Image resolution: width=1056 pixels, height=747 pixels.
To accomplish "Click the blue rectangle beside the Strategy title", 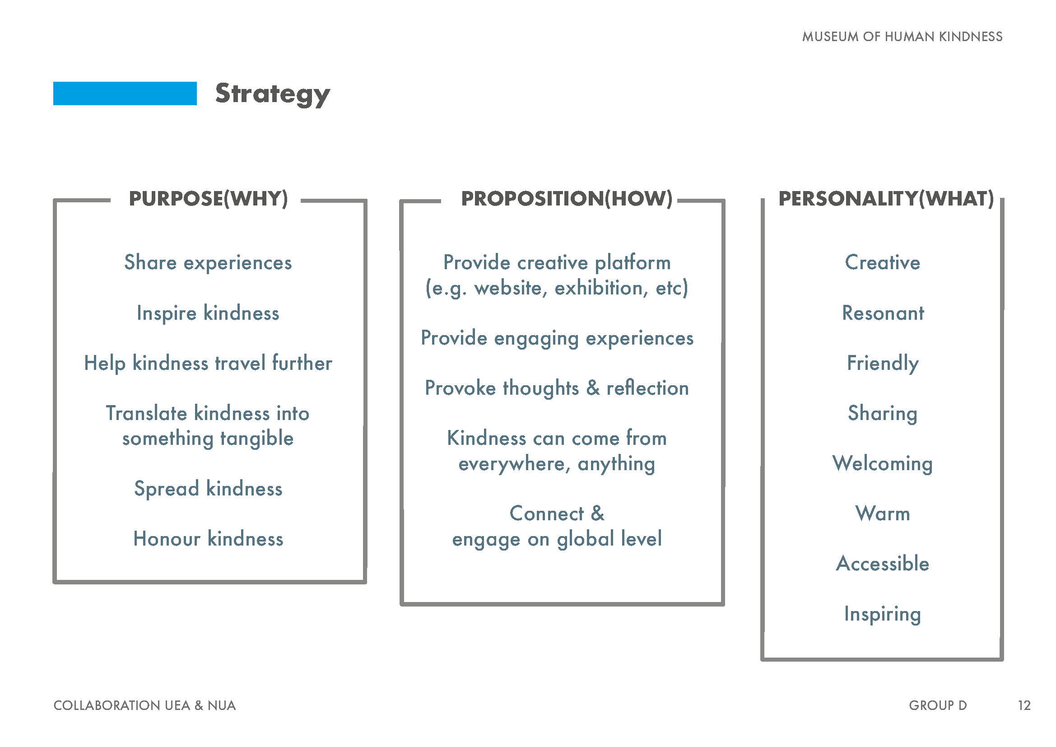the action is coord(125,93).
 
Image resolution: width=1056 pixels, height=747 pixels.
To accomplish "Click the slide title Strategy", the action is coord(273,94).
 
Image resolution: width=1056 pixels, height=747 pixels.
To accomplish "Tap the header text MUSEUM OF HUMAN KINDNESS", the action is coord(902,37).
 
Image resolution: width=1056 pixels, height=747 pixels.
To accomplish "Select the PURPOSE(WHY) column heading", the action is coord(208,199).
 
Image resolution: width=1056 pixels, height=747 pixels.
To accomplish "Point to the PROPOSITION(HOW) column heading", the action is coord(567,199).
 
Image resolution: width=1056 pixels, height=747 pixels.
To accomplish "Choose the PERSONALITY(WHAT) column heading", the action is coord(886,199).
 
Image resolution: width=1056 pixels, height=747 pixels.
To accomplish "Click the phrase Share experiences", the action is coord(208,263).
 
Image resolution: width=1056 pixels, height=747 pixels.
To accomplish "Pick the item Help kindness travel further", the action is coord(208,364).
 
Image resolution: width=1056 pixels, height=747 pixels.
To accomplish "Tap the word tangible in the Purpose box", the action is coord(256,439).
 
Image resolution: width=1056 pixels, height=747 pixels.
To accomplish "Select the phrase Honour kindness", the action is coord(208,539).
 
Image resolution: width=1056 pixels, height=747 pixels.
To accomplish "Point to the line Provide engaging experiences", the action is coord(557,339).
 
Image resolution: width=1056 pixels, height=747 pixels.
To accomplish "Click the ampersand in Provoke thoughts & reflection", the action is coord(593,388).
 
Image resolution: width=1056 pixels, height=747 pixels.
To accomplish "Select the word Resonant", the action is coord(883,313).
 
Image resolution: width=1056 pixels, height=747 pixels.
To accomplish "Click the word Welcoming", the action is coord(883,464).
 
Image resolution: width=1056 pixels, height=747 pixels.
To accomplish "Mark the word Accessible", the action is coord(883,564).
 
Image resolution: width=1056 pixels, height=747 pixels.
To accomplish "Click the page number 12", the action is coord(1024,705).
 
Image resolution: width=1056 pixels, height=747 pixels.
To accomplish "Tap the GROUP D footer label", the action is coord(938,705).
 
